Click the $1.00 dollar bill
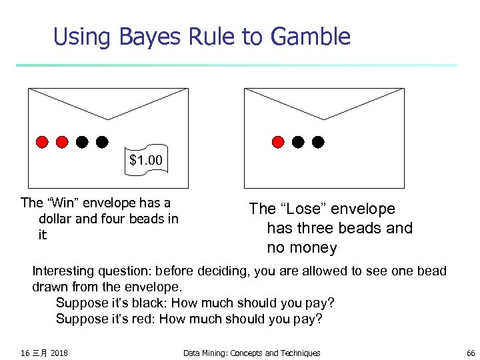146,161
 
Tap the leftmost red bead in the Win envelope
42,141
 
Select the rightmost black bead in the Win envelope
102,141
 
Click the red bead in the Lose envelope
279,141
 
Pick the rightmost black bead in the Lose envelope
319,141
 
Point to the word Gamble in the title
311,37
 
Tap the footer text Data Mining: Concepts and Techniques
251,353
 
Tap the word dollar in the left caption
58,219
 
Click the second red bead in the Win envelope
62,141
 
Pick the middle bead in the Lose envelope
299,141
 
